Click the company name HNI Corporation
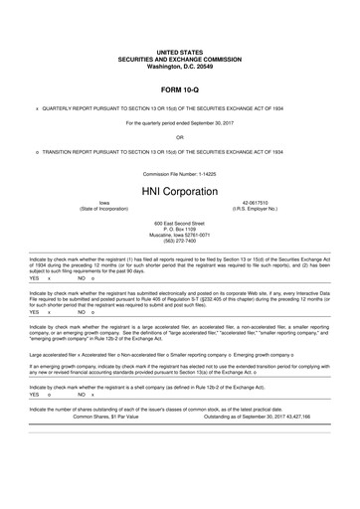click(179, 190)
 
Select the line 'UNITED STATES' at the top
click(179, 49)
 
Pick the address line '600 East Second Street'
click(179, 224)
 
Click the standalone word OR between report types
click(179, 137)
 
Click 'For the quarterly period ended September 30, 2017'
click(179, 122)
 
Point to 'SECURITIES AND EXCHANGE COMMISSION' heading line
click(179, 56)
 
